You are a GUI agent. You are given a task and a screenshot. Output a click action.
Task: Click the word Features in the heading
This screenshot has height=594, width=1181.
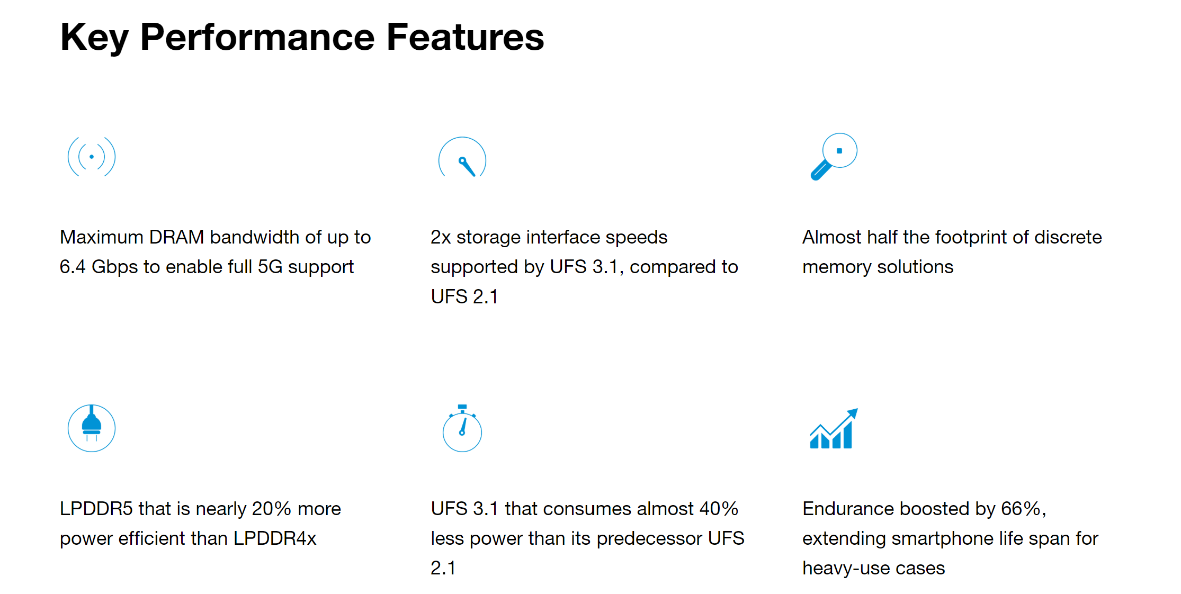click(465, 37)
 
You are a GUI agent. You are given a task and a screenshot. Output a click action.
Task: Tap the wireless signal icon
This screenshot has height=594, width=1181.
click(92, 157)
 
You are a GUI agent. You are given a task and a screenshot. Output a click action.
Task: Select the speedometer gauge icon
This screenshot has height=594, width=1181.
click(462, 157)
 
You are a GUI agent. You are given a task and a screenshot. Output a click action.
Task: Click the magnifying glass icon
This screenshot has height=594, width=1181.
click(834, 157)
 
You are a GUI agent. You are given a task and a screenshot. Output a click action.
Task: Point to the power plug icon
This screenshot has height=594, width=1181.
click(92, 428)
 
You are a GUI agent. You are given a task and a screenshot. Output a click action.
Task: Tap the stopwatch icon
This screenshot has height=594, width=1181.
click(462, 428)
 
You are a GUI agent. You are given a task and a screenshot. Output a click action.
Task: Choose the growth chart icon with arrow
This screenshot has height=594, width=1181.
click(834, 429)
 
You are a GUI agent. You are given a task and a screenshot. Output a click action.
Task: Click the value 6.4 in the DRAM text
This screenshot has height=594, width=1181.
click(73, 267)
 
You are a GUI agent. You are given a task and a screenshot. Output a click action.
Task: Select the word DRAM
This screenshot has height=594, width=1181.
click(176, 237)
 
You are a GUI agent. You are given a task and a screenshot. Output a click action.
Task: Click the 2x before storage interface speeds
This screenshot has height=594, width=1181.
click(441, 237)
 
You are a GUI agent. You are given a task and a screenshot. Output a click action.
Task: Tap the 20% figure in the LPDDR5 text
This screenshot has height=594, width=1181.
click(271, 509)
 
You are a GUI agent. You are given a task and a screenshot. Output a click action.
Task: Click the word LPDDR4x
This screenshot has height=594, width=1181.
click(275, 538)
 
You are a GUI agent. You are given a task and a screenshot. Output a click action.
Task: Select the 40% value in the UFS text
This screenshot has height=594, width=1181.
click(719, 509)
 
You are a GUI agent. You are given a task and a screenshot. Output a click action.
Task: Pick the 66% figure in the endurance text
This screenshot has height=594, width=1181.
click(1022, 509)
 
